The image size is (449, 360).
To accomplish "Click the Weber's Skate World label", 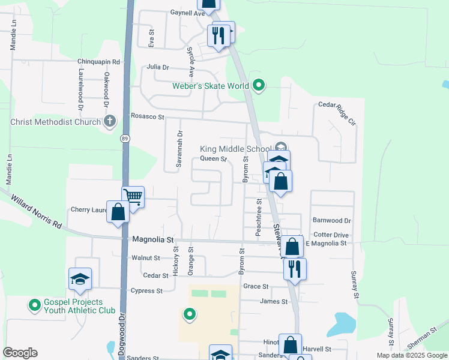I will coord(211,86).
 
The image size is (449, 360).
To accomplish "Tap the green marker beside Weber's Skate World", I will coord(259,86).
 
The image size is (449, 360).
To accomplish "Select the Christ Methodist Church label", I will coord(56,122).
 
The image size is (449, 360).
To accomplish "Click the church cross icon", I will coord(109,122).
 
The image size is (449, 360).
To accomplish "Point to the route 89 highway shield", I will coord(125,139).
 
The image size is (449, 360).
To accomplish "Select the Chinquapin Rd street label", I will coord(99,61).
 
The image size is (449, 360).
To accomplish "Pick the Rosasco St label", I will coord(148,116).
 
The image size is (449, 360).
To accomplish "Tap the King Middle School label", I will coord(235,149).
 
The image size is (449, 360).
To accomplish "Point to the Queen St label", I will coord(213,159).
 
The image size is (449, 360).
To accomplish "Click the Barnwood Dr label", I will coord(331,221).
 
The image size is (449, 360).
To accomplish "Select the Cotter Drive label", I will coord(331,235).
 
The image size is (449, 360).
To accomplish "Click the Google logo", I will coord(20,352).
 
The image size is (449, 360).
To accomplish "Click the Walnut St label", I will coord(146,258).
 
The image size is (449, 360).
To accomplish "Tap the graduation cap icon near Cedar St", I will coord(80,279).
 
